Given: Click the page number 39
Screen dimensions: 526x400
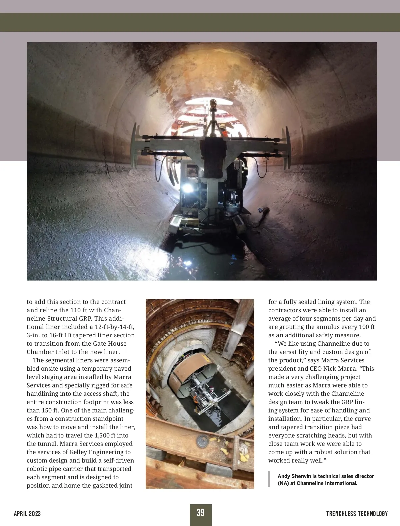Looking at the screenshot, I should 200,513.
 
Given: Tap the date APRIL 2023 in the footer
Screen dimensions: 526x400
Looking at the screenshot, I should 27,514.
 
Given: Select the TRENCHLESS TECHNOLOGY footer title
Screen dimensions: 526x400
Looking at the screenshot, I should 357,514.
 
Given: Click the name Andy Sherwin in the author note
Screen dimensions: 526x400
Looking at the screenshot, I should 294,476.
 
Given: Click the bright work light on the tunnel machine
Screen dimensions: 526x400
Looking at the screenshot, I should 188,188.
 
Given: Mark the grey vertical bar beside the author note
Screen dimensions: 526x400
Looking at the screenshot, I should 269,479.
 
